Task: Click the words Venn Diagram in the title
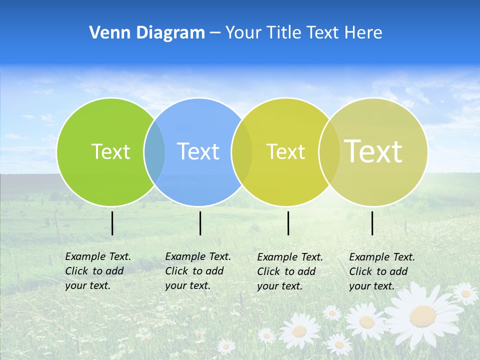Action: (147, 33)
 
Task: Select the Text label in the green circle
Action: (110, 151)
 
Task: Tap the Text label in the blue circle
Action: (198, 151)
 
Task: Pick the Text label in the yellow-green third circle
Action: (285, 151)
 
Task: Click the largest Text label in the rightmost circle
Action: (373, 151)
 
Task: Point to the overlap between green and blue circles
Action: (155, 152)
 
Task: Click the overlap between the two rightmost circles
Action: (329, 152)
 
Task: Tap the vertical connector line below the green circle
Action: (112, 223)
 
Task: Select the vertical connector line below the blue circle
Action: (200, 223)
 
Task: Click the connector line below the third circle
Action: (288, 223)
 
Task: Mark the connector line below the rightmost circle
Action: (372, 223)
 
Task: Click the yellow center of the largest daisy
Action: (422, 315)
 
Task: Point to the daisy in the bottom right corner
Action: (466, 293)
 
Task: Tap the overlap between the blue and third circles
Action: (242, 152)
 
